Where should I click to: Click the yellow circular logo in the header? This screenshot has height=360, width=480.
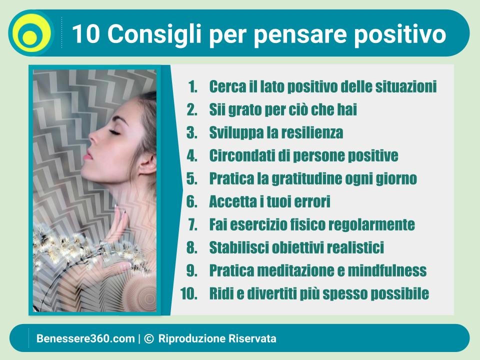point(31,33)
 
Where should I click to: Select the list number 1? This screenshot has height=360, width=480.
point(193,86)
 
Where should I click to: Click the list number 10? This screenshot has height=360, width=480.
point(188,293)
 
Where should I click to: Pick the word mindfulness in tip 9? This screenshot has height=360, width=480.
point(387,270)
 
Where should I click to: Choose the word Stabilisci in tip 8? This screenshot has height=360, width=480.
point(238,247)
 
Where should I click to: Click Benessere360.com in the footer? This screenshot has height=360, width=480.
point(85,338)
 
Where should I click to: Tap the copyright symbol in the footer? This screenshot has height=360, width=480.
point(148,338)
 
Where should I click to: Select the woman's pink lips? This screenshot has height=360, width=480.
point(87,154)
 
